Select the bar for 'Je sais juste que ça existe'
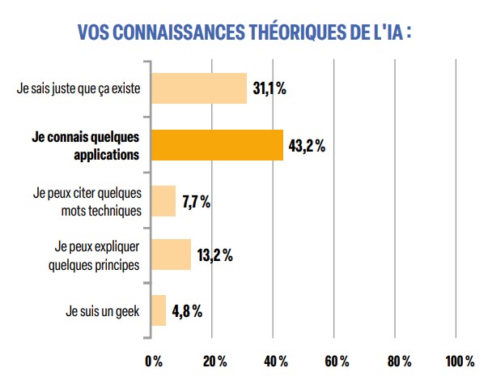click(x=199, y=88)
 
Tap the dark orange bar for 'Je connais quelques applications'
click(x=217, y=145)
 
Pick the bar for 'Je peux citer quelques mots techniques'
click(x=163, y=202)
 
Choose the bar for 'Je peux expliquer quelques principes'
click(x=172, y=255)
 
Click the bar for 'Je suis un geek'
click(x=159, y=310)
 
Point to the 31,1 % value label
click(x=269, y=88)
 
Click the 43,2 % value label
click(x=307, y=145)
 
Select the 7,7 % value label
click(x=197, y=202)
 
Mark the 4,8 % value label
click(x=187, y=310)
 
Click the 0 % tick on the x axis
click(x=153, y=360)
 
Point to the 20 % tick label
click(x=213, y=360)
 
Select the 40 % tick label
click(x=275, y=360)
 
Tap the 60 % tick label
click(x=337, y=360)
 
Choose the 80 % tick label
click(x=398, y=360)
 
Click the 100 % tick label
click(x=460, y=360)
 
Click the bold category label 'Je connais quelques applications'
click(x=85, y=145)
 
